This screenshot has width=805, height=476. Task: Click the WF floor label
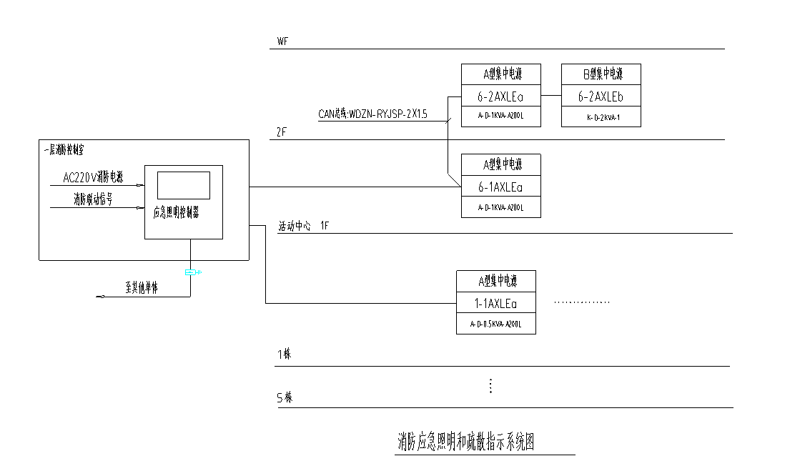pyautogui.click(x=282, y=41)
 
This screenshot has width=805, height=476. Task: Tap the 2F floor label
pyautogui.click(x=282, y=132)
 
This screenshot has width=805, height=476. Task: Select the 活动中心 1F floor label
pyautogui.click(x=303, y=226)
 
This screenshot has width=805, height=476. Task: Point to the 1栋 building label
pyautogui.click(x=285, y=355)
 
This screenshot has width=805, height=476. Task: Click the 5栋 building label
pyautogui.click(x=285, y=397)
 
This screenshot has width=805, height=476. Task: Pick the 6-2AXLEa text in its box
pyautogui.click(x=500, y=96)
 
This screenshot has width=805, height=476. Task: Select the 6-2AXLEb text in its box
pyautogui.click(x=601, y=96)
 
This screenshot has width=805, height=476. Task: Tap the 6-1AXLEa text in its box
pyautogui.click(x=500, y=187)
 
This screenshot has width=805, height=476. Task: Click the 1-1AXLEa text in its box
pyautogui.click(x=496, y=304)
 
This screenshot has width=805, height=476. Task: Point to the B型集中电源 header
pyautogui.click(x=601, y=74)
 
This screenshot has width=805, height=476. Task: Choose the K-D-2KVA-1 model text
pyautogui.click(x=601, y=116)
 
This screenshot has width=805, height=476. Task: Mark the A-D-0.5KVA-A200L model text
pyautogui.click(x=496, y=324)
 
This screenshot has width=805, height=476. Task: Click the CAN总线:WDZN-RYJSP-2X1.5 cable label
pyautogui.click(x=372, y=114)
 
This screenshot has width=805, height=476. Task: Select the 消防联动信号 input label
pyautogui.click(x=93, y=199)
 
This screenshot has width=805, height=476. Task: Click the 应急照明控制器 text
pyautogui.click(x=176, y=212)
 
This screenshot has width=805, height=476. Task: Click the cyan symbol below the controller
pyautogui.click(x=190, y=272)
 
